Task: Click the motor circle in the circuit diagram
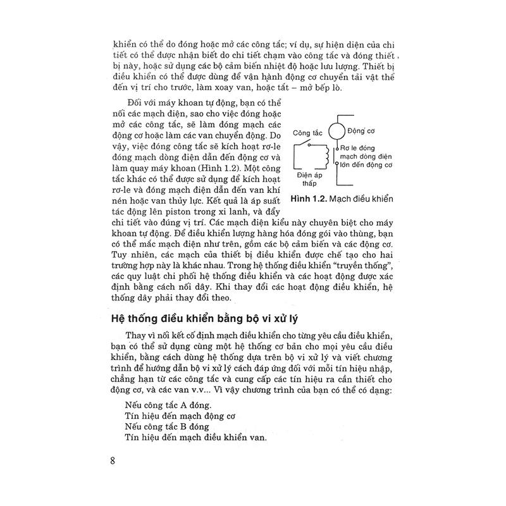(x=337, y=132)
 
